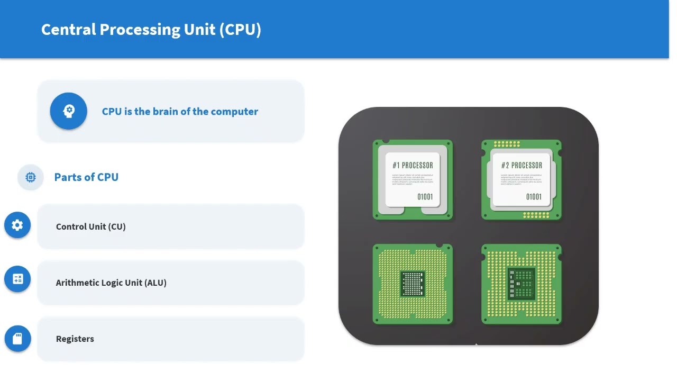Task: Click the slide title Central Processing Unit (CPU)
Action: click(151, 30)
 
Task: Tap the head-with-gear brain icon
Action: click(69, 111)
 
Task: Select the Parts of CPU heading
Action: click(86, 177)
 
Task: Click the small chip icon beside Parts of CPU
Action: click(31, 177)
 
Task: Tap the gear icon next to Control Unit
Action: click(17, 225)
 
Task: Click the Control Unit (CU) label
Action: click(91, 226)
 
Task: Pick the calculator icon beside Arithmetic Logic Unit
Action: click(17, 279)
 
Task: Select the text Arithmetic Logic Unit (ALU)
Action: click(111, 283)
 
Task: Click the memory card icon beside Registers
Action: click(17, 339)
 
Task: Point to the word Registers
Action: click(75, 339)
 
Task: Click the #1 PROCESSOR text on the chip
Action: click(413, 166)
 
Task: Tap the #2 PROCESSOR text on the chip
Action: click(522, 166)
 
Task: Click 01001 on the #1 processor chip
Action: click(425, 197)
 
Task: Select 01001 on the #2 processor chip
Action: click(534, 197)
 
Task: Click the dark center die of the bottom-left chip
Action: click(413, 284)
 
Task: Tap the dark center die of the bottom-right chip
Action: click(522, 284)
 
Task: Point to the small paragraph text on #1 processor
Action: click(413, 179)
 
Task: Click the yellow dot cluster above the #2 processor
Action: click(507, 144)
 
